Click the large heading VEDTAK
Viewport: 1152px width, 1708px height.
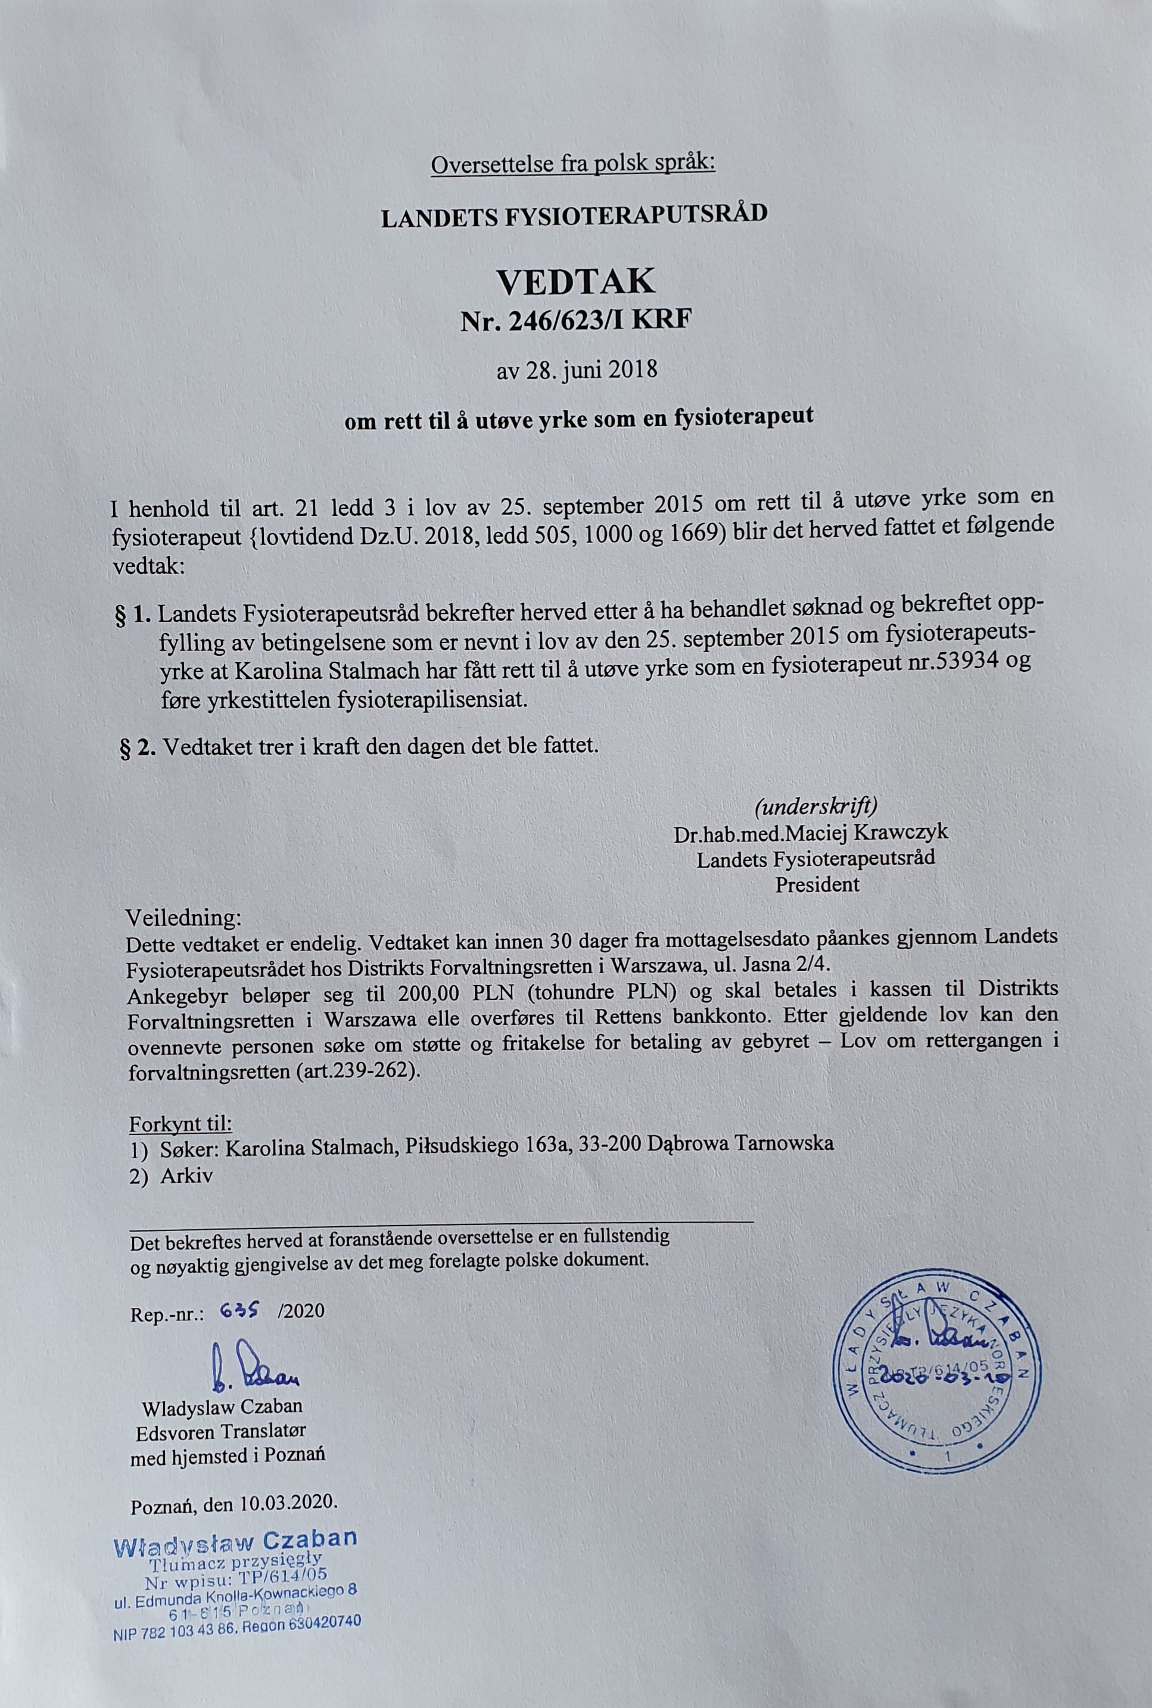[x=575, y=281]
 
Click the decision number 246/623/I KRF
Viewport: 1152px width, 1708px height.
[x=575, y=321]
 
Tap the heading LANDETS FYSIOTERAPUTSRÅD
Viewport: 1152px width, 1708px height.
[x=575, y=214]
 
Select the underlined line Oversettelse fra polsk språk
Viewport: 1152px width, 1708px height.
[x=573, y=164]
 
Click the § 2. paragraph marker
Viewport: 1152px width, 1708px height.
[x=138, y=749]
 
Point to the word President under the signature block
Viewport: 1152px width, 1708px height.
[x=817, y=884]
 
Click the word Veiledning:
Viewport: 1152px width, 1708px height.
[x=183, y=918]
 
